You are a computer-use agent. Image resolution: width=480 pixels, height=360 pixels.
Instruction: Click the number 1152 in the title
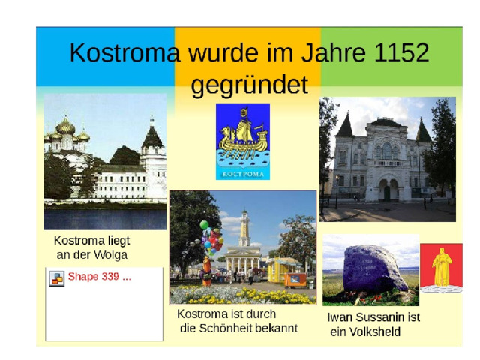(401, 52)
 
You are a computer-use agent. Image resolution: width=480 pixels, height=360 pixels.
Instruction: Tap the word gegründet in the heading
(250, 85)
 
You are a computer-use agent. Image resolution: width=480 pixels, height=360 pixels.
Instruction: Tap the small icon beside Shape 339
(57, 278)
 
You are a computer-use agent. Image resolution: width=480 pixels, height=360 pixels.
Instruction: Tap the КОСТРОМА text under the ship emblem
(243, 175)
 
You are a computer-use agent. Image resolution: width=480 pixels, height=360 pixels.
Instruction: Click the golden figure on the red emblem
(442, 267)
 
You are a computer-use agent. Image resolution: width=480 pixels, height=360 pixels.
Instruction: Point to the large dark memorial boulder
(375, 268)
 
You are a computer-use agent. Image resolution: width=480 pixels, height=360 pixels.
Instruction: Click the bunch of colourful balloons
(211, 238)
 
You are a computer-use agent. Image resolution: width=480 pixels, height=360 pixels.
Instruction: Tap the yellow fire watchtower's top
(244, 218)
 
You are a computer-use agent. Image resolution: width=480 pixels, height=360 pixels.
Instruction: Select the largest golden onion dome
(65, 127)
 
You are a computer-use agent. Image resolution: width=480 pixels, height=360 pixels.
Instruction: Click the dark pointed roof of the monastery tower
(152, 136)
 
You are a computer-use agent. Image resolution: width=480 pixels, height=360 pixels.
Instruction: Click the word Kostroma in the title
(124, 52)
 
